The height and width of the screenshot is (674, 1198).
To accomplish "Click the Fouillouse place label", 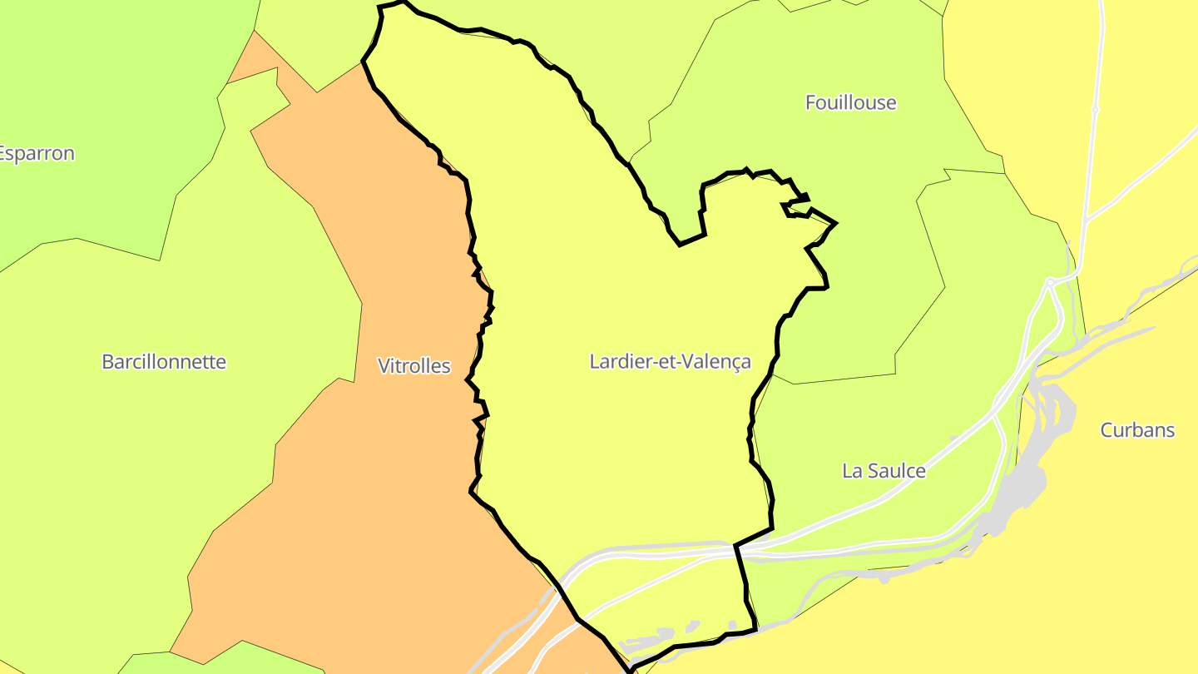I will click(x=850, y=102).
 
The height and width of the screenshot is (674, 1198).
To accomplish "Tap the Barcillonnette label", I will click(x=164, y=362).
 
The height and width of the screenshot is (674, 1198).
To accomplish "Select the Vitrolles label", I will click(x=413, y=366).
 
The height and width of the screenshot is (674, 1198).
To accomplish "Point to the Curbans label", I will click(x=1137, y=430).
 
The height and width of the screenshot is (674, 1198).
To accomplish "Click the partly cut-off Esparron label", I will click(x=37, y=154).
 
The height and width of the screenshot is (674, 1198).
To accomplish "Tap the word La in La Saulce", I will click(x=852, y=471).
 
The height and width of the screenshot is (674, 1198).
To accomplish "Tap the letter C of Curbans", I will click(x=1106, y=430).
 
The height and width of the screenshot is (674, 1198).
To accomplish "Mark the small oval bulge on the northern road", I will click(x=1096, y=109).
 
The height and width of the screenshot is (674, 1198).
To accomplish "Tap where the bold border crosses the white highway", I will click(x=735, y=547).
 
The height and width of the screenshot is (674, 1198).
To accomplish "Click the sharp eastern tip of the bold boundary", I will click(x=836, y=223).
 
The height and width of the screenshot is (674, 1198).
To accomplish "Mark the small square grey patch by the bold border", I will click(x=732, y=625).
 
